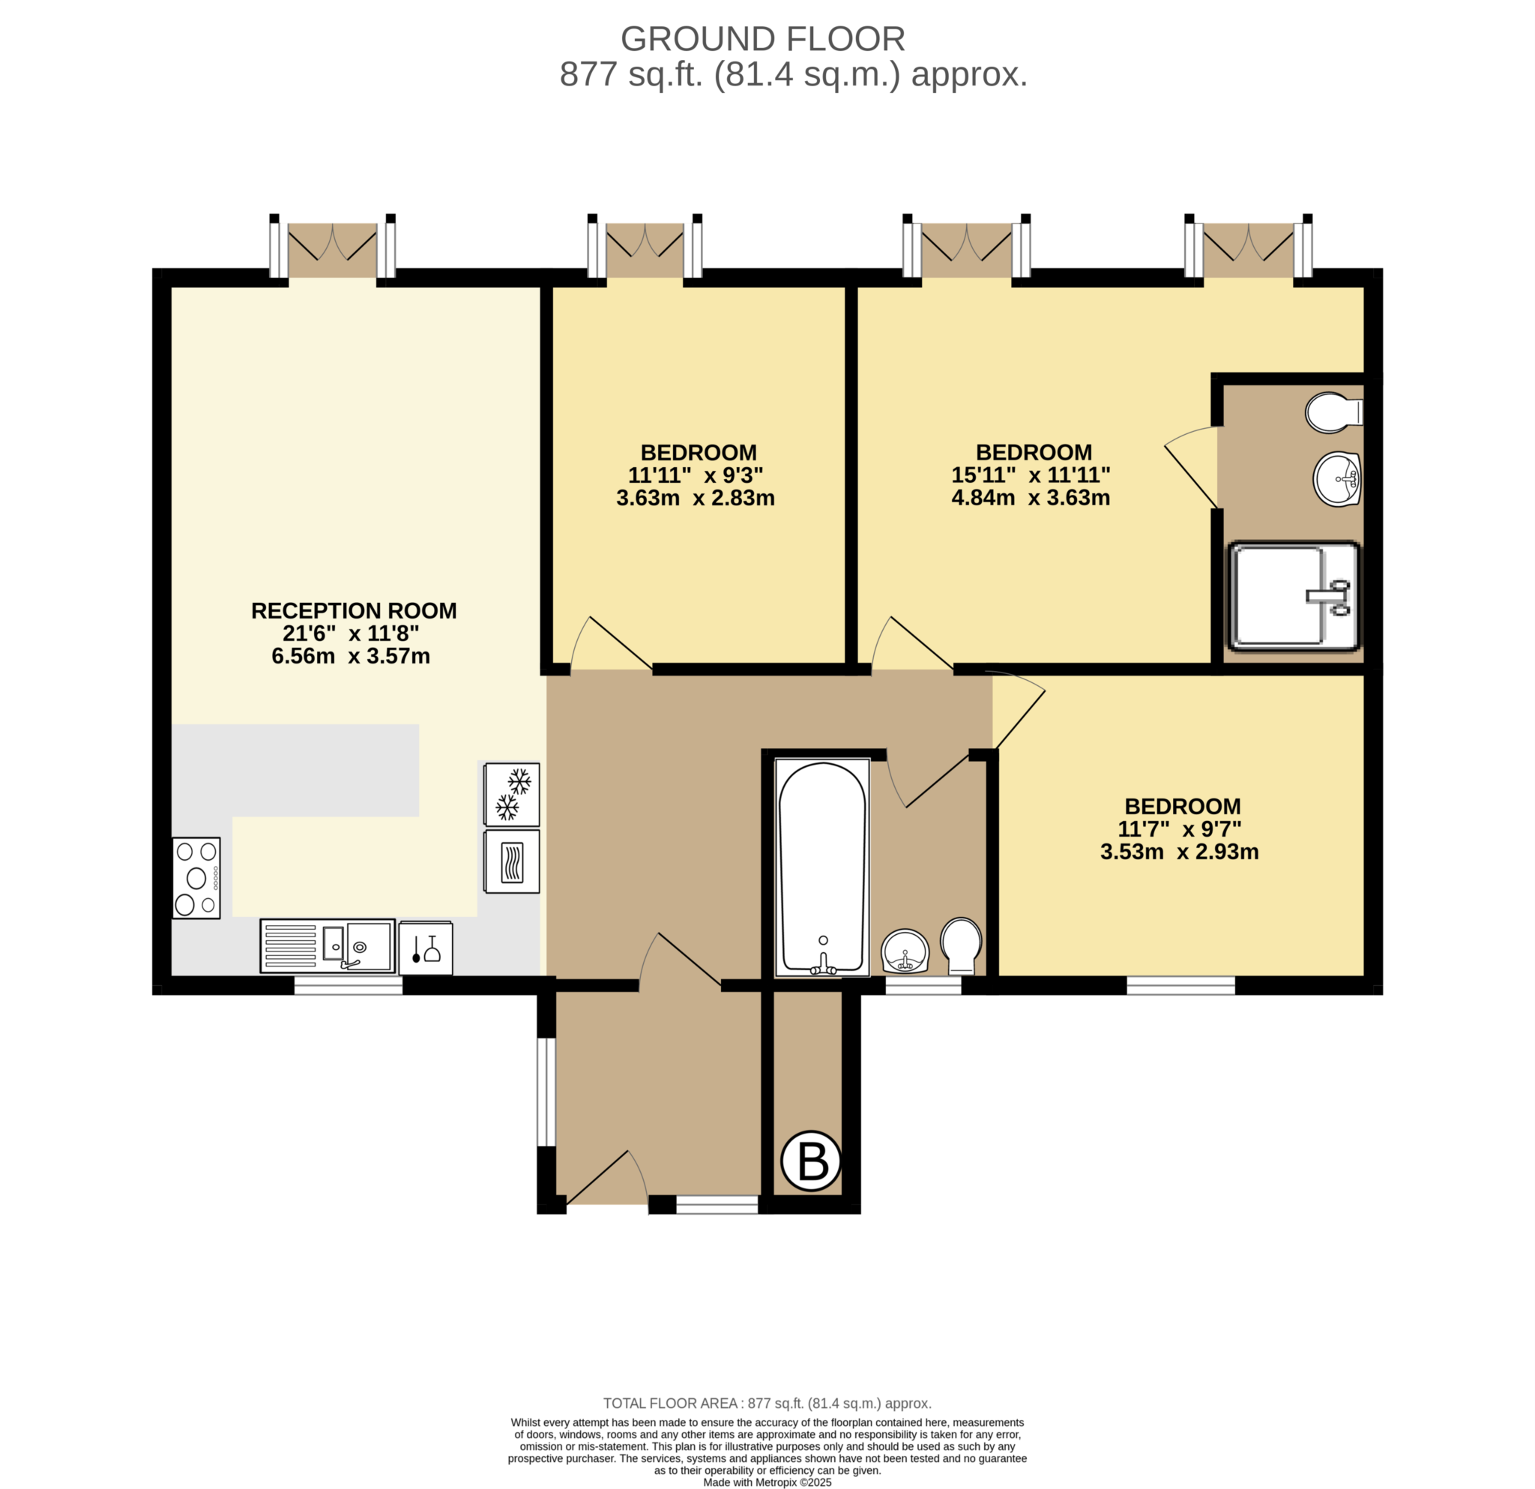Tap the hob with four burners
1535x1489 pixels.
196,878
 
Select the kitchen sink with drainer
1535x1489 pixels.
328,945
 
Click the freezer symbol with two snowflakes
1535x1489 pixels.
511,794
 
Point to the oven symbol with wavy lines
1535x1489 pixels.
511,861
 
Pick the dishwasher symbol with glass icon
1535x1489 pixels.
425,948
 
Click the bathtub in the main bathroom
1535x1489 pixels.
822,867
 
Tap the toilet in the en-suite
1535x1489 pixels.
1333,413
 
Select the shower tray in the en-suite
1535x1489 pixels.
1294,596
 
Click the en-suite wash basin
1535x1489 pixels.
1337,479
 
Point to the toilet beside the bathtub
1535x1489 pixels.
961,944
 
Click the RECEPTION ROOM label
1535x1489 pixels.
354,611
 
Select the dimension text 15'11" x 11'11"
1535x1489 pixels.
1031,475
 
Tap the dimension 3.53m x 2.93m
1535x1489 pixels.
1180,852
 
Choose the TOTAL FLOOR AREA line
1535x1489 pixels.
767,1404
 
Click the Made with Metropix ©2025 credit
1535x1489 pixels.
767,1482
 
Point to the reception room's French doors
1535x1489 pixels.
333,249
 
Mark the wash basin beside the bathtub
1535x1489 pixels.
905,951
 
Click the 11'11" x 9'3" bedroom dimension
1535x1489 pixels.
696,475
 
